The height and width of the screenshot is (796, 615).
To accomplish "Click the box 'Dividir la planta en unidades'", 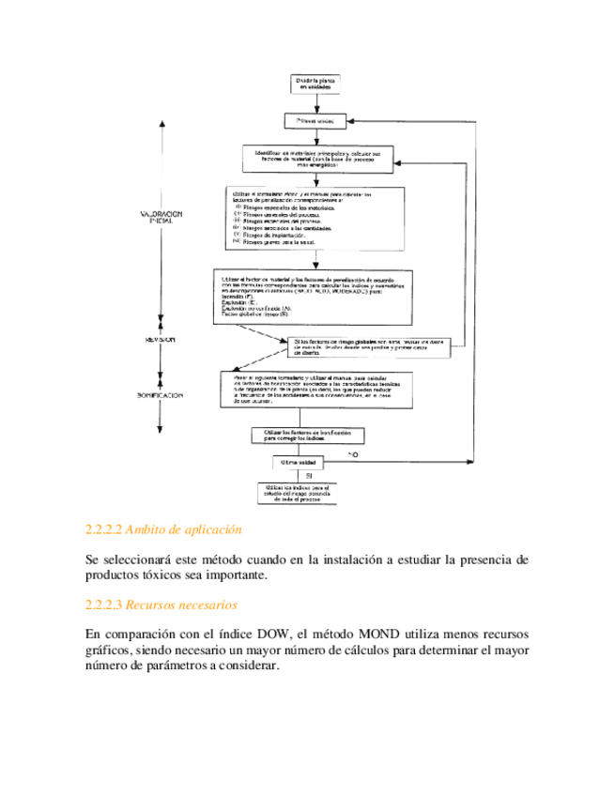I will [317, 84].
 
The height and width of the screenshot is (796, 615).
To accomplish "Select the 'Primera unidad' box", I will [317, 121].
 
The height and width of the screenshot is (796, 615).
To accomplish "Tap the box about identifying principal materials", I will [317, 159].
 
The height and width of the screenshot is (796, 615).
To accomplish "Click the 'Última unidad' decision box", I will [300, 464].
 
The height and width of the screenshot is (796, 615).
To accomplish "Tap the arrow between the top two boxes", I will [317, 104].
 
